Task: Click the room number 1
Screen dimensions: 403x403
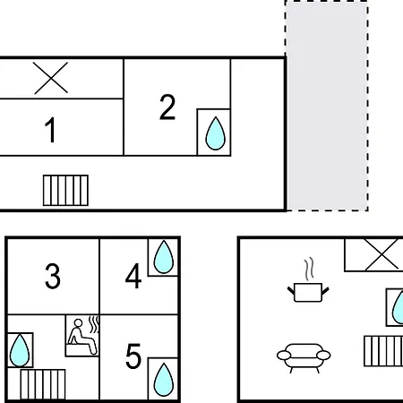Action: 50,130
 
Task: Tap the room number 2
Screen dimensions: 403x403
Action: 167,107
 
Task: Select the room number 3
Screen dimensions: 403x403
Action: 53,276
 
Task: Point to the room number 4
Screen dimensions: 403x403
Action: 133,276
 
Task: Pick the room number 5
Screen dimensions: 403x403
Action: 133,356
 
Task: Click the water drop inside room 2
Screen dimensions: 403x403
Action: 215,133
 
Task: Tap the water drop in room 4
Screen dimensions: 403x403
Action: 164,257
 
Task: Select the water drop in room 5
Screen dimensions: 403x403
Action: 164,380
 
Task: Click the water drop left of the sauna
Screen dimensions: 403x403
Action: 20,350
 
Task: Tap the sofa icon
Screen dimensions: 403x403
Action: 304,357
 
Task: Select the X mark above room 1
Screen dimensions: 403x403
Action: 51,78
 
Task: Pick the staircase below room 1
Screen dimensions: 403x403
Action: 65,191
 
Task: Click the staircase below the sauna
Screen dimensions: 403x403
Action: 43,384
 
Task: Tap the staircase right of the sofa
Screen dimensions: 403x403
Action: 383,351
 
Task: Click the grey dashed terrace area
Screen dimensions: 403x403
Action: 327,106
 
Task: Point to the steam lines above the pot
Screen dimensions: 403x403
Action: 309,269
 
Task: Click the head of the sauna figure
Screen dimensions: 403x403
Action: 78,323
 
